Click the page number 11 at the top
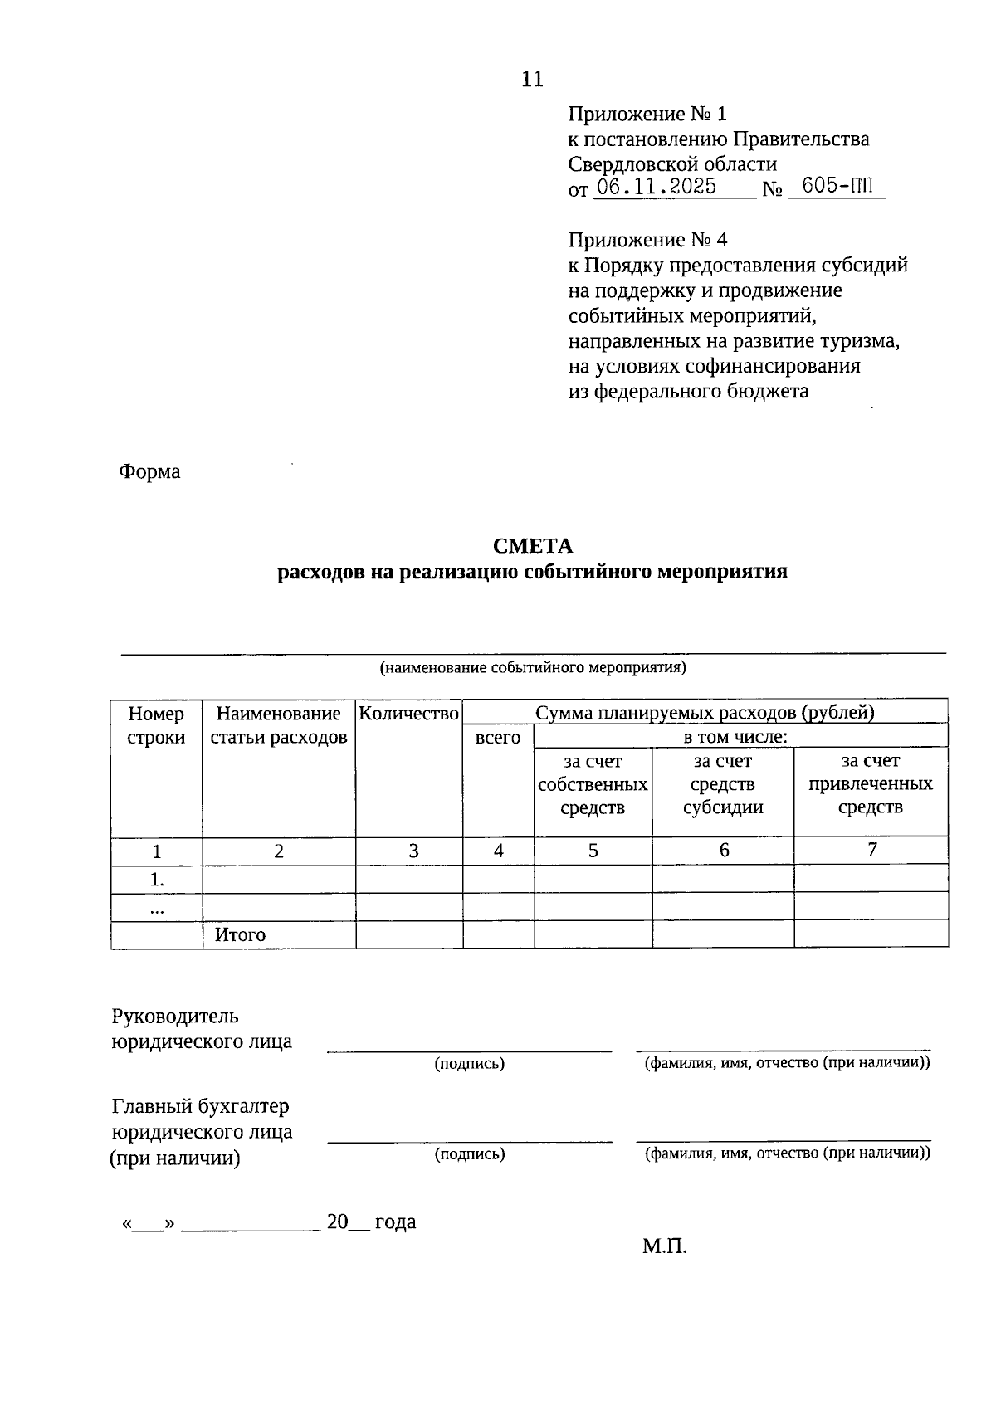click(532, 80)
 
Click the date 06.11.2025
click(657, 187)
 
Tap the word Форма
click(149, 472)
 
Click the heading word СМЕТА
click(532, 546)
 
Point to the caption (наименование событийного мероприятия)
click(532, 667)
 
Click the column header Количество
click(409, 713)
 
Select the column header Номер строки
click(156, 725)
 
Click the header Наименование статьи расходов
click(279, 725)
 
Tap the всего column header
click(498, 737)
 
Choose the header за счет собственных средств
click(593, 784)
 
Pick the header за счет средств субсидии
click(723, 784)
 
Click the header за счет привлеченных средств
click(870, 784)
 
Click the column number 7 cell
click(871, 850)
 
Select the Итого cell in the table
click(240, 935)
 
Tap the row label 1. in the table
click(156, 880)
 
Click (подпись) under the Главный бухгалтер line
click(470, 1153)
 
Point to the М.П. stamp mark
click(664, 1246)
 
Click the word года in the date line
click(395, 1222)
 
